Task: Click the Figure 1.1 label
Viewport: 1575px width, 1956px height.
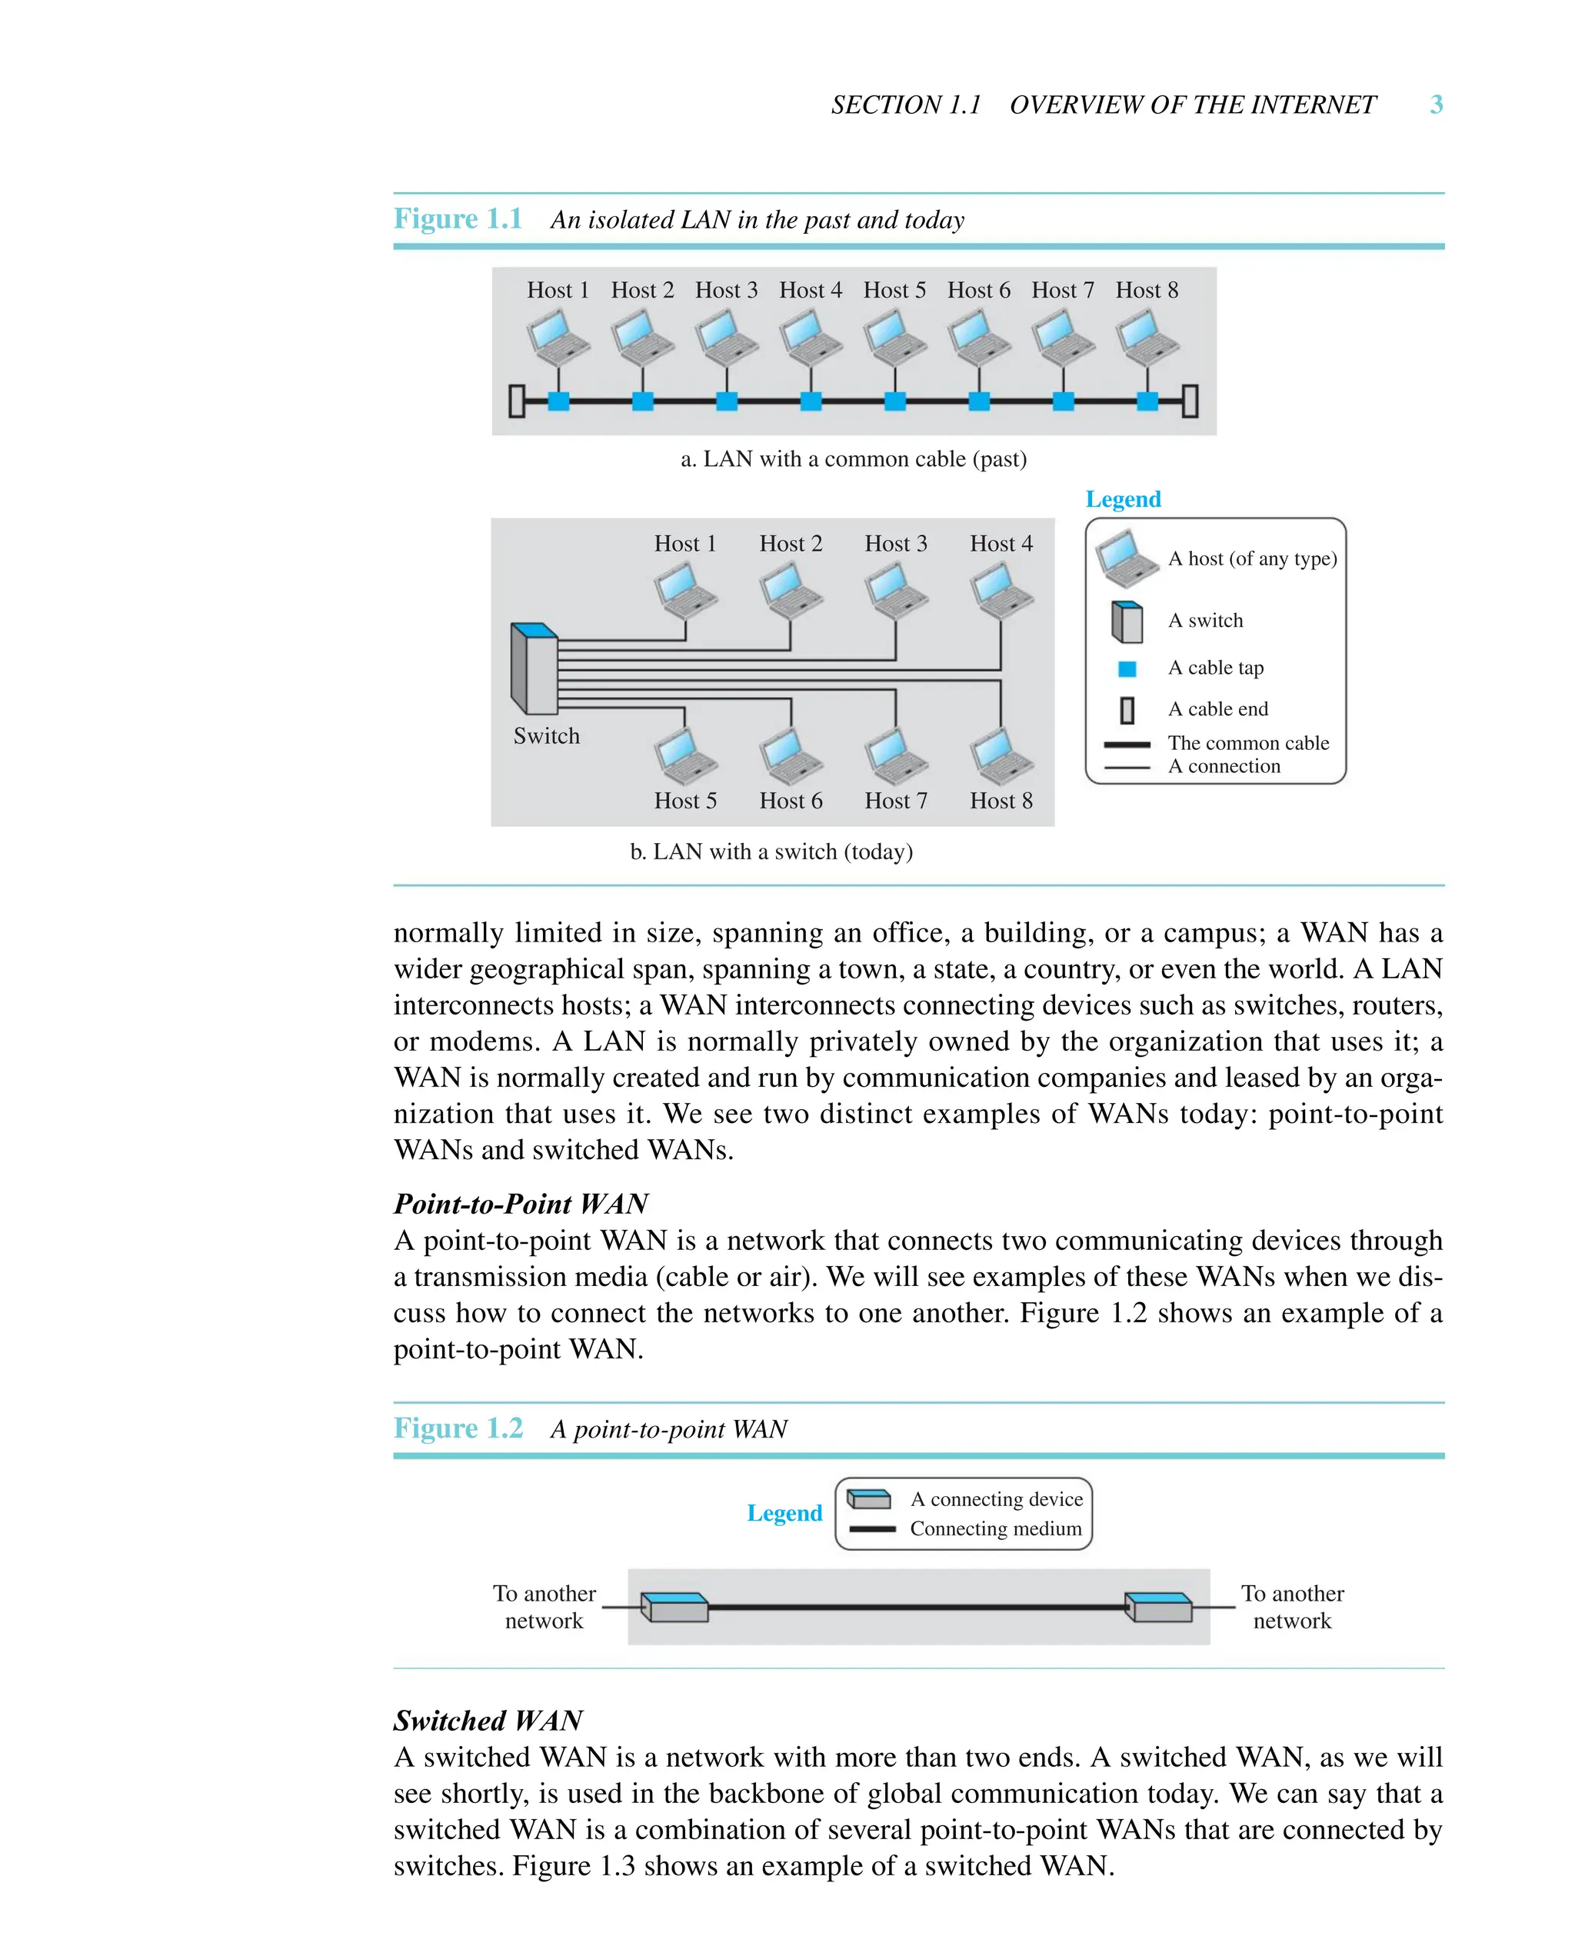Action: point(458,218)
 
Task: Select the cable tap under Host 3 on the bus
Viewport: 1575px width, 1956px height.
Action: point(727,401)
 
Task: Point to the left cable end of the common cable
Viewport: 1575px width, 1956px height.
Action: point(517,401)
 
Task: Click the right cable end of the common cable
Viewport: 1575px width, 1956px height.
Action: point(1190,401)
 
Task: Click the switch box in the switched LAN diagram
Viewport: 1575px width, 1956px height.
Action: point(534,668)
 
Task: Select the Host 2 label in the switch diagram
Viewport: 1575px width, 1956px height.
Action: point(791,544)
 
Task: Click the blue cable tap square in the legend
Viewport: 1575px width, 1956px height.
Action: point(1127,668)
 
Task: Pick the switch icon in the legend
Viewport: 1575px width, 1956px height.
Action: point(1127,621)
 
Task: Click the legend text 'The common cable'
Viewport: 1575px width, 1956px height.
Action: point(1247,743)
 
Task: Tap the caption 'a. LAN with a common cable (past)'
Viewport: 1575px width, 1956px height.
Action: point(853,459)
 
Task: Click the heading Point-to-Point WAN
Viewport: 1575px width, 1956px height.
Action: point(520,1204)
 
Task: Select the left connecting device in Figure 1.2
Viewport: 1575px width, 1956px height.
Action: point(675,1607)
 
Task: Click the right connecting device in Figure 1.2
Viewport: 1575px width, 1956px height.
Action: point(1159,1607)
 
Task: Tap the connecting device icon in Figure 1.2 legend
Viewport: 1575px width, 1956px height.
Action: point(869,1499)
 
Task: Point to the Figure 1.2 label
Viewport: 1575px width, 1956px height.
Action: point(458,1428)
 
